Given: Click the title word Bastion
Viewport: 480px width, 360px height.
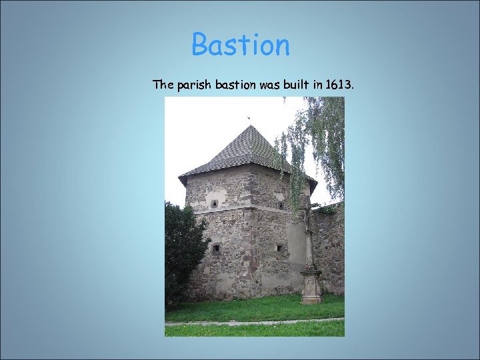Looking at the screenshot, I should click(241, 45).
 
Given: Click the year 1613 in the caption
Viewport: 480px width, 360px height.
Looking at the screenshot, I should click(342, 85).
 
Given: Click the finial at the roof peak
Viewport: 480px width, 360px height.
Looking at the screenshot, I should click(249, 120).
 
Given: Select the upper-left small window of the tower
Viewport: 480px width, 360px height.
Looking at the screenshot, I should click(215, 203).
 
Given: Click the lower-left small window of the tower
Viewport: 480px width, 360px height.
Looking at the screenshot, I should click(215, 248).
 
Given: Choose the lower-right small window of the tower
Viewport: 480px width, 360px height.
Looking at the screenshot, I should click(279, 248).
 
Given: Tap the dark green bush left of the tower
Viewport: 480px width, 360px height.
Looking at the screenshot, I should click(181, 253).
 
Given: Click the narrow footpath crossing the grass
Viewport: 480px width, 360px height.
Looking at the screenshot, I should click(253, 321).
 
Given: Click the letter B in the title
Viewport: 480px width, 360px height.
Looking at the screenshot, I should click(201, 45).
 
